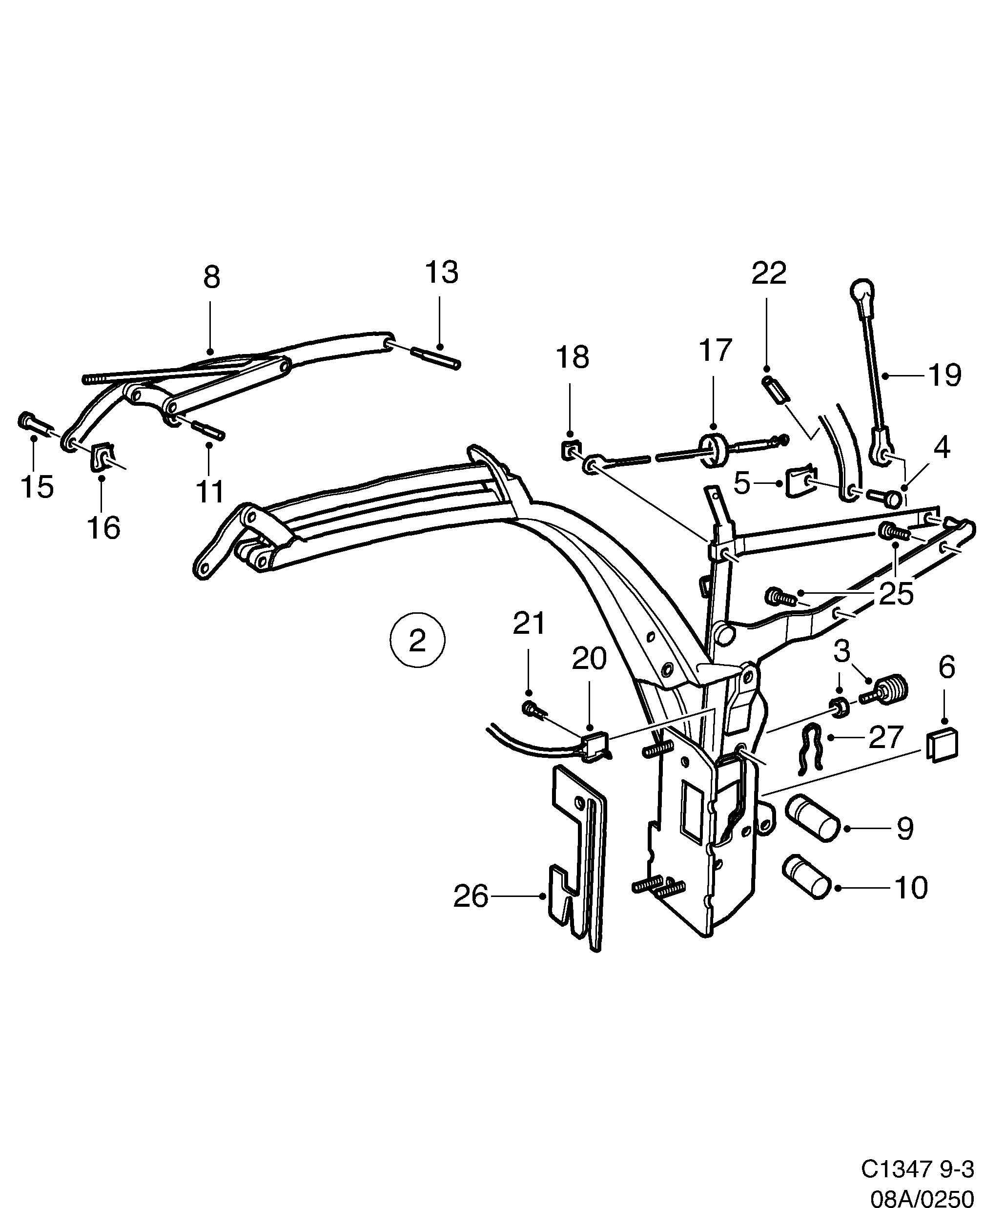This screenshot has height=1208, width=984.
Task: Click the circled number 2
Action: pyautogui.click(x=417, y=641)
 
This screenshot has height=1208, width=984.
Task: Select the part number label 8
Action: pyautogui.click(x=211, y=278)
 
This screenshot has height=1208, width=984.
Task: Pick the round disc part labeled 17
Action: pyautogui.click(x=714, y=450)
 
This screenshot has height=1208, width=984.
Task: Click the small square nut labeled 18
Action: pyautogui.click(x=570, y=450)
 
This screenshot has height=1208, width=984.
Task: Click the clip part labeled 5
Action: pyautogui.click(x=800, y=483)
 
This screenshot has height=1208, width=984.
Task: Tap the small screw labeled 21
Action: pyautogui.click(x=532, y=708)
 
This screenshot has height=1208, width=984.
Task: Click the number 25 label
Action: pyautogui.click(x=896, y=594)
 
